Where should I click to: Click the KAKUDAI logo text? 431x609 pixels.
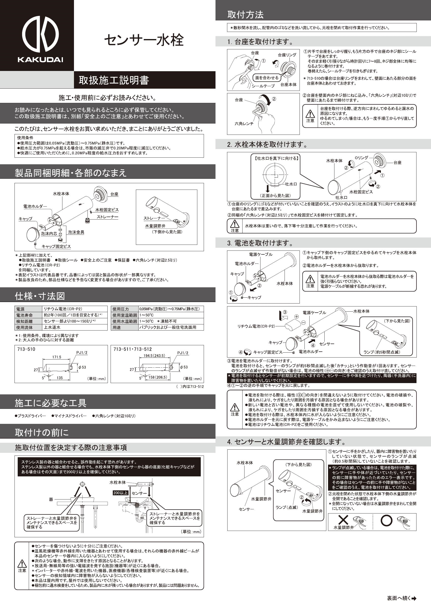point(40,60)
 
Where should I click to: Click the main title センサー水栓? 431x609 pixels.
point(144,40)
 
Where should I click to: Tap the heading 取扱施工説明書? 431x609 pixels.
point(114,80)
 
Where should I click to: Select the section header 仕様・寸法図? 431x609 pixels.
point(40,296)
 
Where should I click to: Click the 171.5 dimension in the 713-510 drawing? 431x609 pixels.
point(57,357)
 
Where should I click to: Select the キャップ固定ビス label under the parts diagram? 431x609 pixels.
point(56,246)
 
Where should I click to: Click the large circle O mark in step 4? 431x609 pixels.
point(387,520)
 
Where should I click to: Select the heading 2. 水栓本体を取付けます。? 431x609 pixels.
point(268,145)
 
